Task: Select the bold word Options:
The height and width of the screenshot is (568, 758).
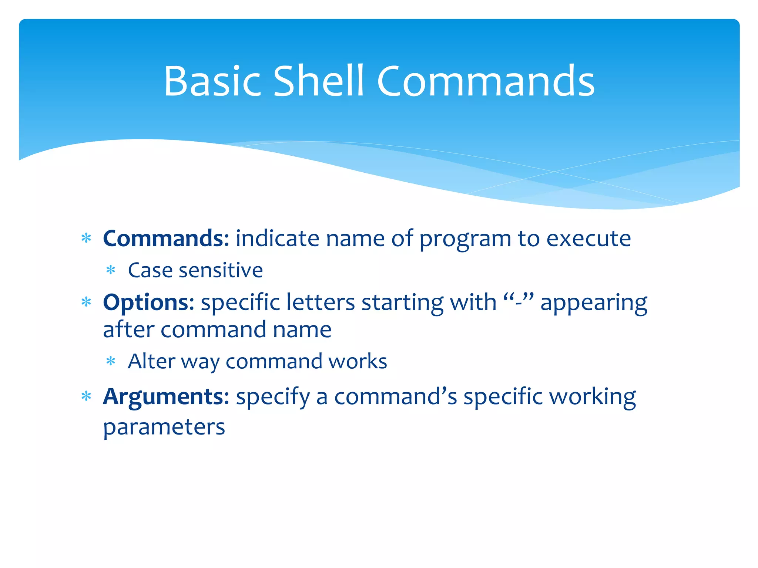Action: tap(148, 302)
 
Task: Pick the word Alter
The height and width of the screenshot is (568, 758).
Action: tap(151, 361)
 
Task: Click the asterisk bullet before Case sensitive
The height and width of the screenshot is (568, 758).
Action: tap(111, 270)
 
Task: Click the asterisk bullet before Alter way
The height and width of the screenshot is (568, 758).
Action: tap(111, 361)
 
